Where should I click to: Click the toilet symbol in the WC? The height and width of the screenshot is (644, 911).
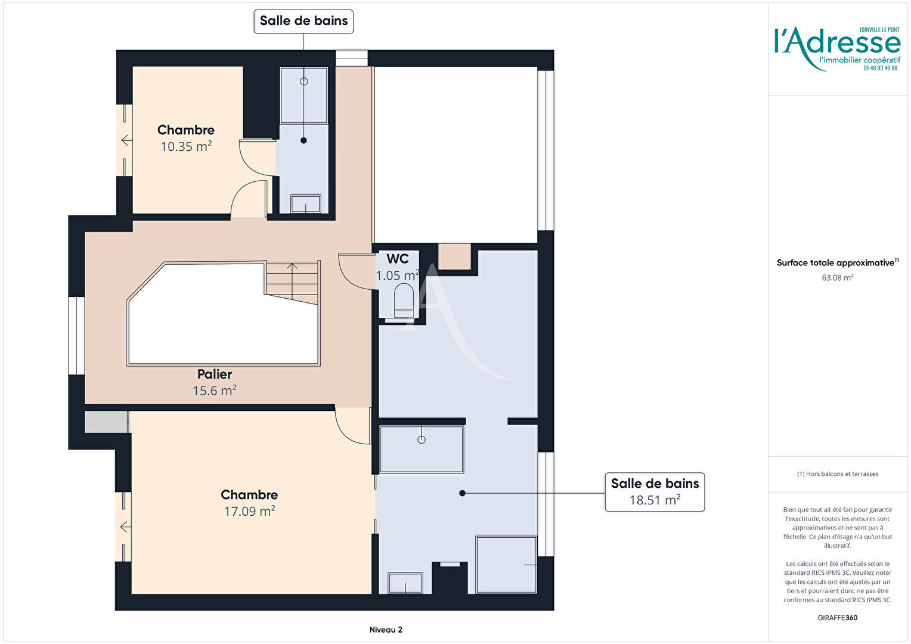pos(404,301)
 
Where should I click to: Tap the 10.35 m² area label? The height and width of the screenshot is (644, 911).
pos(186,147)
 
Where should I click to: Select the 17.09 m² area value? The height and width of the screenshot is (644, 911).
pos(250,511)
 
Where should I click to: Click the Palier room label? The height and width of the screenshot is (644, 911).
pos(215,374)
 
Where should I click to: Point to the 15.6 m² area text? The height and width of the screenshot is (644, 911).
pos(215,391)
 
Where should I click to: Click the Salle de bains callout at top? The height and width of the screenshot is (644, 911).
pos(304,21)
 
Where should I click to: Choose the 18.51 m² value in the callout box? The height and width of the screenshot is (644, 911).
pos(655,500)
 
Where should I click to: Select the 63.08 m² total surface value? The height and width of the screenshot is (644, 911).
pos(838,277)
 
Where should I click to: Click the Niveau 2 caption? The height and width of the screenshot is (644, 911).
pos(386,630)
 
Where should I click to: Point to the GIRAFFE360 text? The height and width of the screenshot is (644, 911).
pos(838,618)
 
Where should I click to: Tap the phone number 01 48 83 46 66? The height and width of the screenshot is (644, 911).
pos(881,69)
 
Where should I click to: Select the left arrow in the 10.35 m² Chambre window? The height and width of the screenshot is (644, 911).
pos(126,140)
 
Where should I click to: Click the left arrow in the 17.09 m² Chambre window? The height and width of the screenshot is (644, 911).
pos(126,527)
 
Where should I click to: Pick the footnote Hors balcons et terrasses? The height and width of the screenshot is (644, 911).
pos(838,474)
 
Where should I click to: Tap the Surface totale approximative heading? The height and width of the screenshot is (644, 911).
pos(838,262)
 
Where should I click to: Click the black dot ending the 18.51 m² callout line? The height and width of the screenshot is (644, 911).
pos(463,493)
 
